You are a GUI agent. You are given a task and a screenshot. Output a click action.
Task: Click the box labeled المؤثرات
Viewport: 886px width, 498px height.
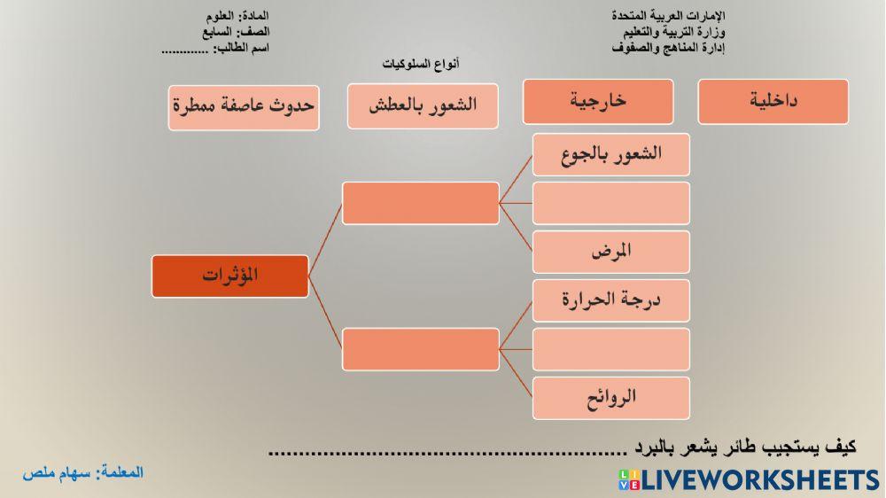[x=230, y=276]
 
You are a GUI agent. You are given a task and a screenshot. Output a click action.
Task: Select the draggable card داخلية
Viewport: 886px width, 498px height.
[x=773, y=102]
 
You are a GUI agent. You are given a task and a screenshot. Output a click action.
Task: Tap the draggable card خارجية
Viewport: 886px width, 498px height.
[x=597, y=101]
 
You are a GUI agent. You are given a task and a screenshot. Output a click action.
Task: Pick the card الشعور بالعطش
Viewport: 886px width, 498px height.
[x=424, y=105]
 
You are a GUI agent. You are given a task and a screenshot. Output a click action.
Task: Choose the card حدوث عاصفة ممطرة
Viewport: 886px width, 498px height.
[x=244, y=106]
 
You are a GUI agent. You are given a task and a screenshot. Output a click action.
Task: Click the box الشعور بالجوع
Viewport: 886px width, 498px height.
[x=611, y=154]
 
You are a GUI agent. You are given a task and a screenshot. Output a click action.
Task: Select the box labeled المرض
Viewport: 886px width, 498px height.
[x=611, y=251]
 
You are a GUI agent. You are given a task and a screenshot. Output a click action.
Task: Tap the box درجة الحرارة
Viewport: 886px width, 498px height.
[x=611, y=300]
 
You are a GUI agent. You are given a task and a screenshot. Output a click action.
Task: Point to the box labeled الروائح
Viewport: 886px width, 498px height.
[x=611, y=397]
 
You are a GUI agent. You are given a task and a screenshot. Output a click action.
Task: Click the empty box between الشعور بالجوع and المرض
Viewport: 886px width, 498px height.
[x=611, y=203]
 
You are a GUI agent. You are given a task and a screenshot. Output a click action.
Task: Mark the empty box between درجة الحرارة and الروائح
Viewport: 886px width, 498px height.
[x=611, y=348]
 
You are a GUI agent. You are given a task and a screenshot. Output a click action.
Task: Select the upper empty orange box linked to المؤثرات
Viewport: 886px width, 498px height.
[x=421, y=203]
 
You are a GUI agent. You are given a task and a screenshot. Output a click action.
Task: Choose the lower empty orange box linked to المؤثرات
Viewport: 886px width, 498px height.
[x=421, y=348]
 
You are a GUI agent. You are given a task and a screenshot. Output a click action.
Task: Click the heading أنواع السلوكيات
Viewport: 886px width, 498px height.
[x=421, y=66]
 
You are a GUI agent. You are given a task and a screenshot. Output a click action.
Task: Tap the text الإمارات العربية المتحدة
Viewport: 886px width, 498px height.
[x=669, y=16]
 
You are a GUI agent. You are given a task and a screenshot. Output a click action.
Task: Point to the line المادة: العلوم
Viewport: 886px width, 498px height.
[x=236, y=16]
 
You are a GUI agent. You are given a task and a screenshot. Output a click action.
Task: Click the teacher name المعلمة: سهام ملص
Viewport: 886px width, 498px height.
[x=82, y=473]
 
